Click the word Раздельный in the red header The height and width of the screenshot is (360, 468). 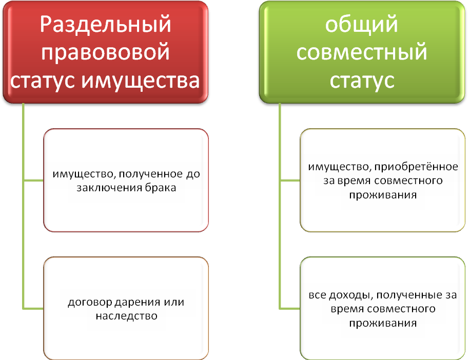pyautogui.click(x=105, y=26)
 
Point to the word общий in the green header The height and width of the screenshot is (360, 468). pyautogui.click(x=362, y=26)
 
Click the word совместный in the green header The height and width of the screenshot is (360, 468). pyautogui.click(x=362, y=53)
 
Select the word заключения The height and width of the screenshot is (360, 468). pyautogui.click(x=108, y=188)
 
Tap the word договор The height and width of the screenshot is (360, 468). pyautogui.click(x=87, y=302)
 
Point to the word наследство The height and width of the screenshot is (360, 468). pyautogui.click(x=126, y=315)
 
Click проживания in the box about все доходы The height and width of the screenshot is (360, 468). pyautogui.click(x=383, y=323)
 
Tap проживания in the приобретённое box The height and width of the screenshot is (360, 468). pyautogui.click(x=383, y=195)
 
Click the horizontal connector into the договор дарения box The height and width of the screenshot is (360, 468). pyautogui.click(x=34, y=308)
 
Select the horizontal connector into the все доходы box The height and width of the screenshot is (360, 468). pyautogui.click(x=290, y=308)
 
